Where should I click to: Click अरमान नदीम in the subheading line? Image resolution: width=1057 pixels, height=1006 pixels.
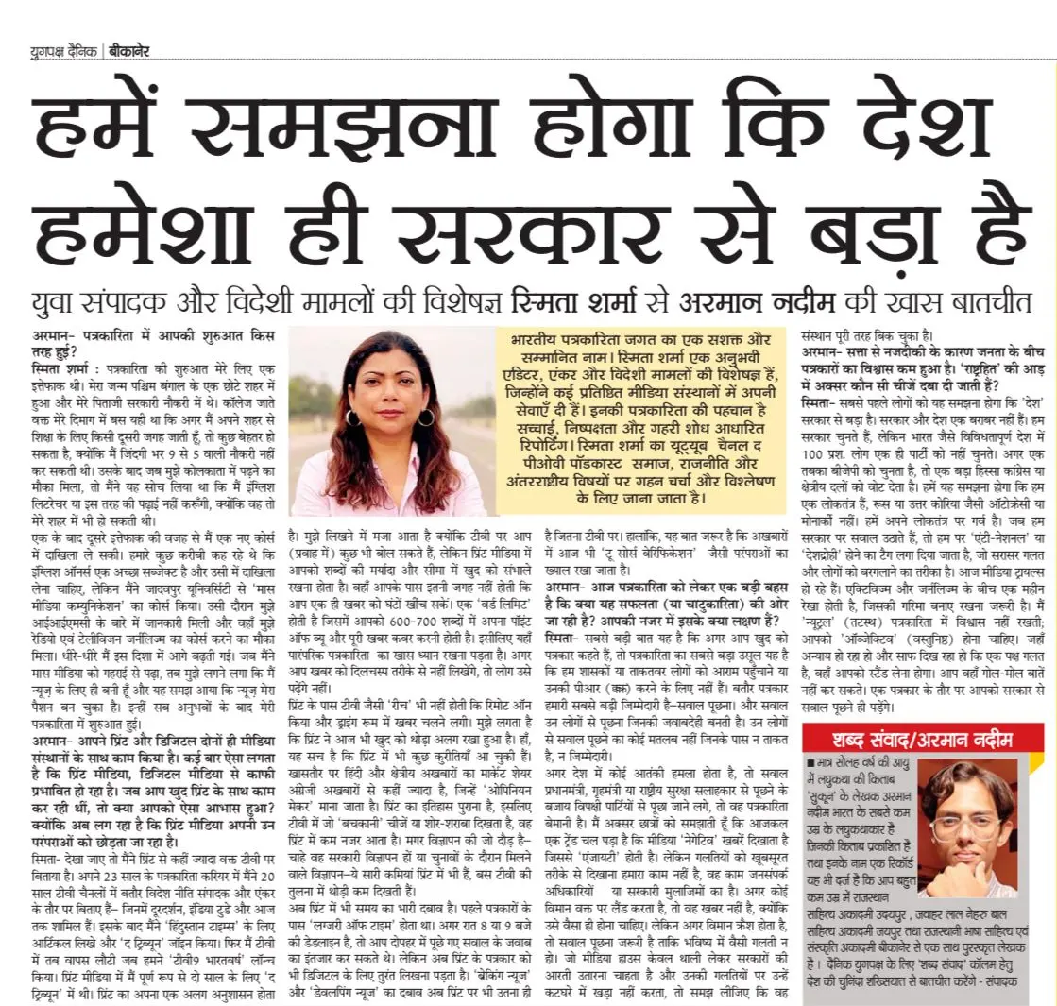pyautogui.click(x=750, y=303)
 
